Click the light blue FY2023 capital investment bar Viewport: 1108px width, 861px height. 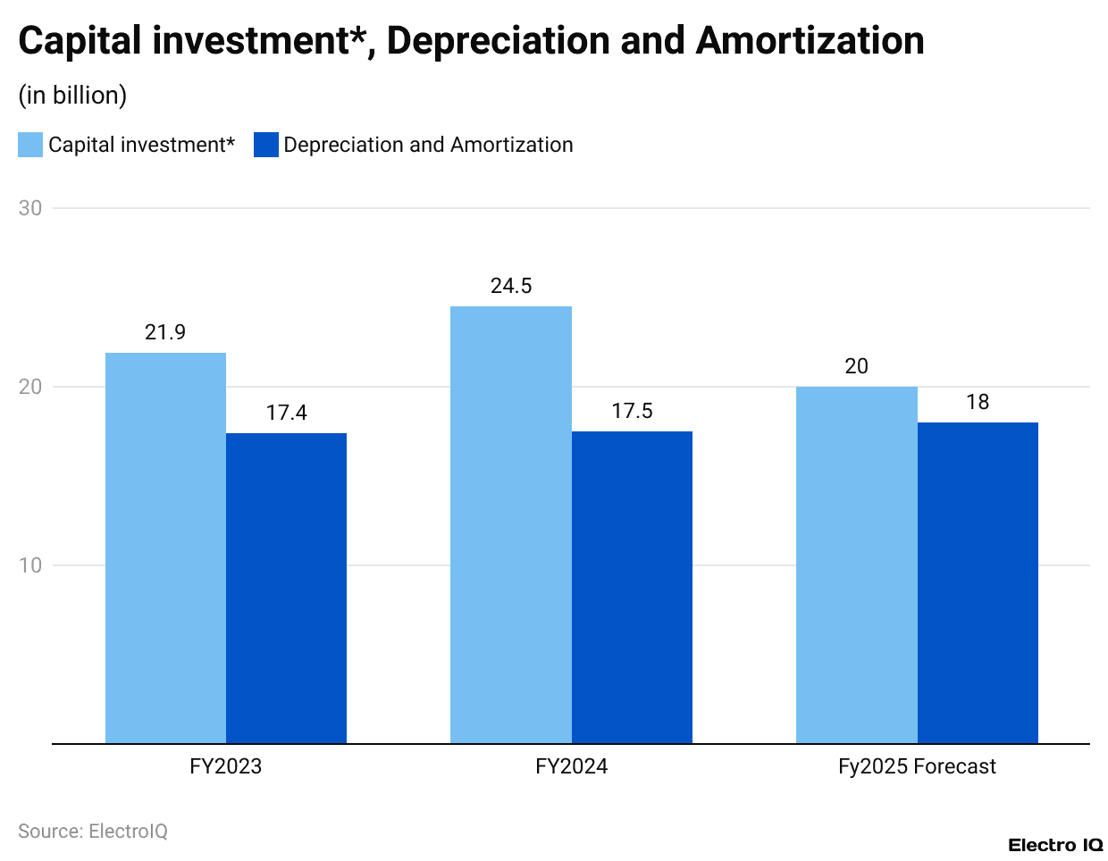tap(165, 548)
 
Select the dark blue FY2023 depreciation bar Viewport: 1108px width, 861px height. tap(286, 588)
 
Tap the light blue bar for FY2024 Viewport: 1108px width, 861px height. tap(511, 524)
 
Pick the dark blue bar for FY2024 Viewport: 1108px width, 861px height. tap(632, 587)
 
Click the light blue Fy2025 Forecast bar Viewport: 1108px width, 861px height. tap(856, 564)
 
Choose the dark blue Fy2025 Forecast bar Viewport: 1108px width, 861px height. tap(978, 582)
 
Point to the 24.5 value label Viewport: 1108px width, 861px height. tap(511, 286)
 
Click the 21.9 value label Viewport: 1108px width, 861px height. tap(165, 332)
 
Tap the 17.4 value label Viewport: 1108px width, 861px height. tap(286, 413)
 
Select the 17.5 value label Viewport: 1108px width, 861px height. tap(632, 411)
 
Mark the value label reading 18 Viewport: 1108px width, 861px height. tap(978, 402)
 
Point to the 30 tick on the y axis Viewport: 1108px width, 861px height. tap(30, 208)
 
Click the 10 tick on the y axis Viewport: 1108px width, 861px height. tap(30, 565)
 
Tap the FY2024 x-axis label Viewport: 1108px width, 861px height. tap(571, 766)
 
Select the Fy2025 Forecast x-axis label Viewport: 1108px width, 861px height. tap(917, 766)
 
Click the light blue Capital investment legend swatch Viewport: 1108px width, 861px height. tap(30, 145)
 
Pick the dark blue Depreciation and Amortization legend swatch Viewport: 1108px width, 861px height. tap(266, 145)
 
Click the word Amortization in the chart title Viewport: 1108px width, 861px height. tap(810, 41)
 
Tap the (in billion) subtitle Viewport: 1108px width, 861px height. tap(72, 96)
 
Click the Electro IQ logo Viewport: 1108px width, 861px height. tap(1055, 845)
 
